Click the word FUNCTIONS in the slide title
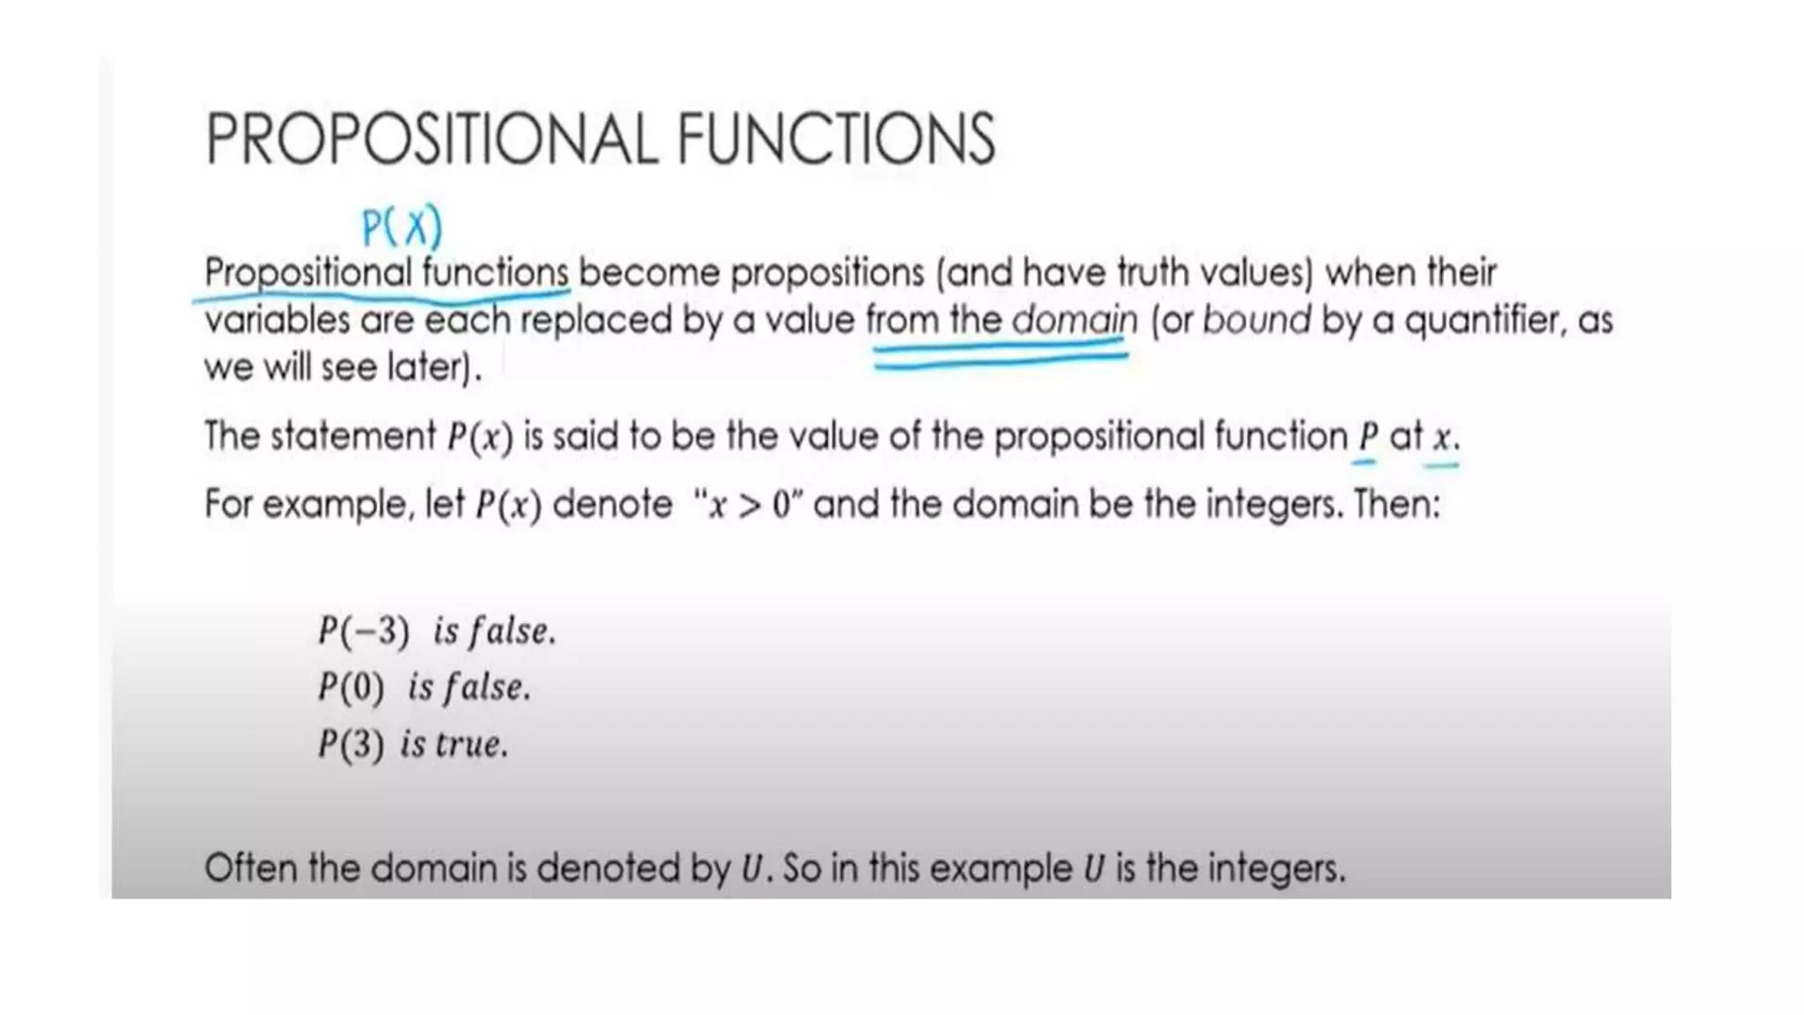836,138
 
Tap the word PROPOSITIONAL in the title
432,138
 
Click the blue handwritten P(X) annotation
402,227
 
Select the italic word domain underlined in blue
1075,319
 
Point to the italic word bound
1256,319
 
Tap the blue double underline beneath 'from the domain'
1001,358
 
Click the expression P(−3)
364,631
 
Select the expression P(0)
351,687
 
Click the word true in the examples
471,745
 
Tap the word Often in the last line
250,869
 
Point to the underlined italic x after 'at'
1442,437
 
